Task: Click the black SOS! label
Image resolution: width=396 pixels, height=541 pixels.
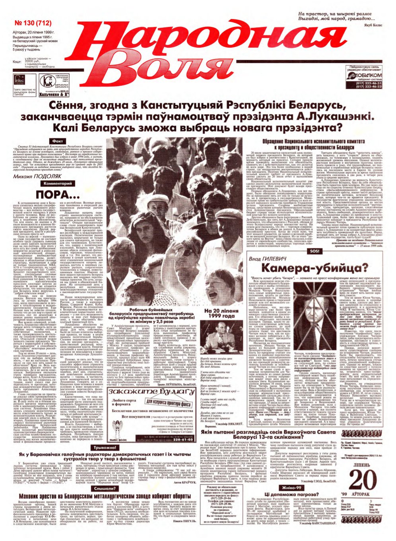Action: [x=314, y=251]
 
